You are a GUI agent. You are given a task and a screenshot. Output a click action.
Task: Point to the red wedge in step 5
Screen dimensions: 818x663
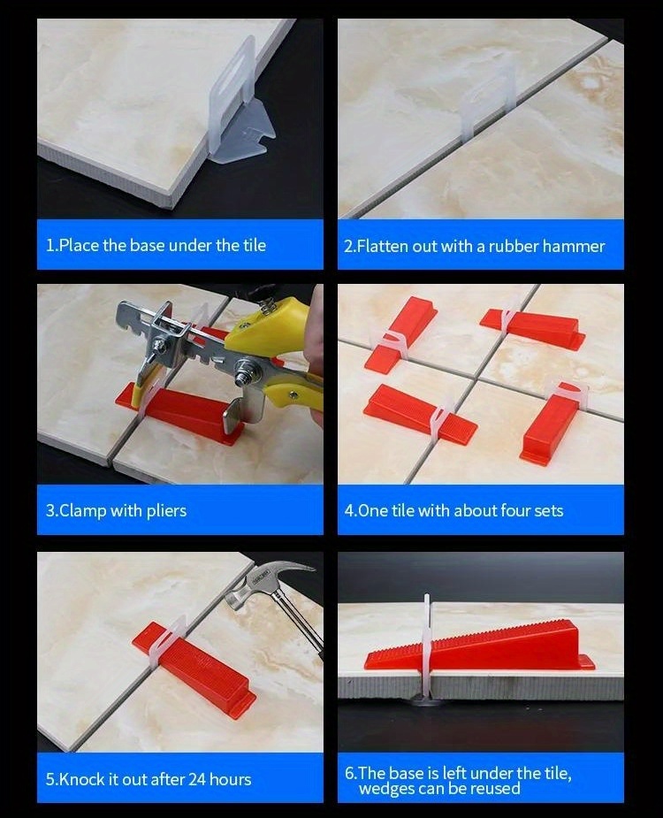[x=200, y=664]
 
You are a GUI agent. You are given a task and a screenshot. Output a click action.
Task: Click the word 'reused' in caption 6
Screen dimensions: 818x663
[x=496, y=788]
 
